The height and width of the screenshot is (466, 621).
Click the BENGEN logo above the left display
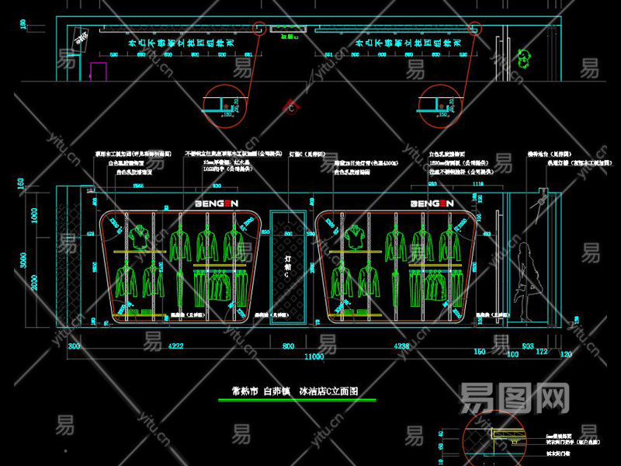[215, 203]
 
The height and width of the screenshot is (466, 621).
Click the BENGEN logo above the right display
[431, 203]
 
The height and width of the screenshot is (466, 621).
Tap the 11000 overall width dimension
[313, 356]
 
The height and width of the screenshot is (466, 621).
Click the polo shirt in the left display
[139, 236]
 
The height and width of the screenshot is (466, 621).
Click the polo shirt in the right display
[354, 236]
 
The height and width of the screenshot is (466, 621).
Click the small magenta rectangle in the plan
[98, 71]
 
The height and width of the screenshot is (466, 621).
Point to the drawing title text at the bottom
[298, 392]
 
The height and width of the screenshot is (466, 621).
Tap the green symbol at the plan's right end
[526, 56]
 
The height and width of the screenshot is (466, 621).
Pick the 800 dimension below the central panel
[289, 346]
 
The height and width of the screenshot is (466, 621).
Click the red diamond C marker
[291, 108]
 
